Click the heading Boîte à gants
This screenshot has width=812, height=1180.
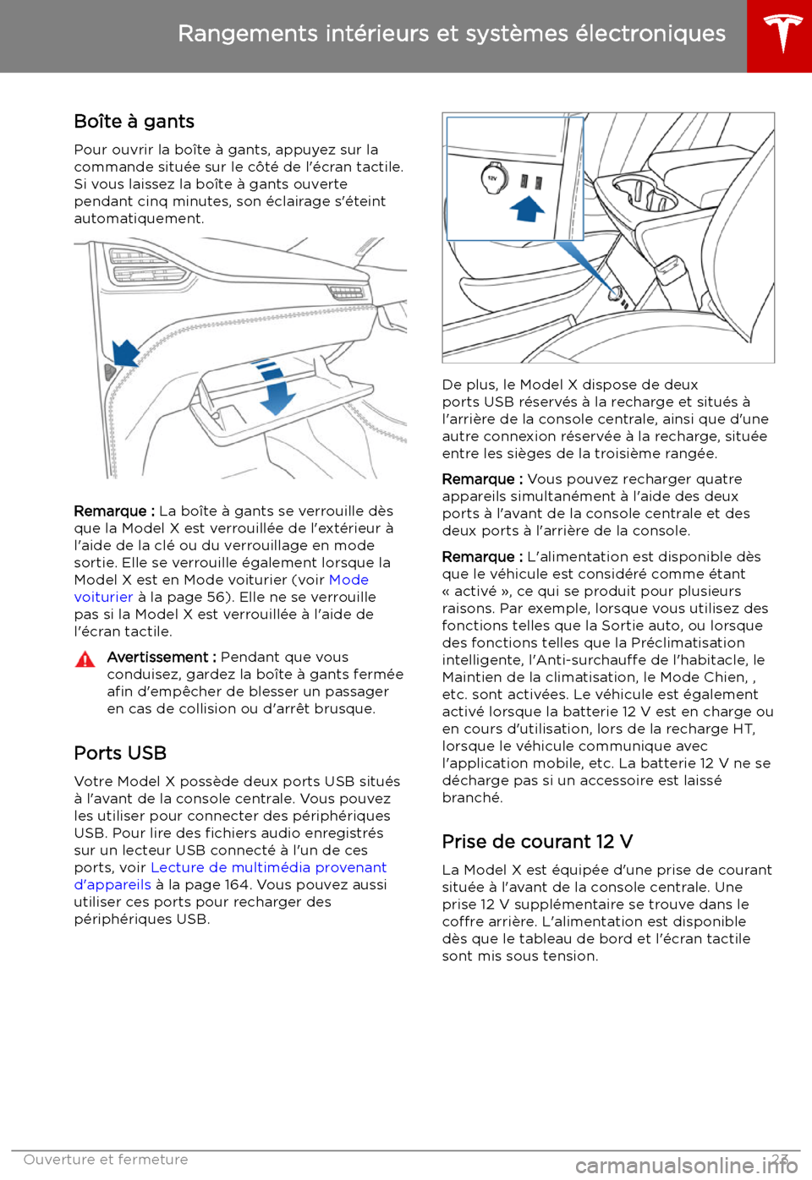(x=134, y=122)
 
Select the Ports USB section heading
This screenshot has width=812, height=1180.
(x=120, y=753)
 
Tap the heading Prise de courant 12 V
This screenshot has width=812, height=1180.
(x=537, y=842)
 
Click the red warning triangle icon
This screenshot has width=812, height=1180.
(x=85, y=659)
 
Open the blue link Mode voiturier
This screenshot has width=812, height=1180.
(x=348, y=580)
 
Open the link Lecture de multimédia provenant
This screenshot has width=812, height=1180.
(x=268, y=867)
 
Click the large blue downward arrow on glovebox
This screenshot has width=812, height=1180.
(x=276, y=389)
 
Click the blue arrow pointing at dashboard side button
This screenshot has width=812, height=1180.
(x=125, y=352)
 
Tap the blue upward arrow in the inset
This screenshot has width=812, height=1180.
(x=528, y=206)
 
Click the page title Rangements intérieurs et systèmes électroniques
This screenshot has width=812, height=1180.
(x=452, y=34)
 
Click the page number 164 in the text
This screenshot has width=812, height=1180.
(x=237, y=885)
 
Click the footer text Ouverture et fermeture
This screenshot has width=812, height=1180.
(x=106, y=1160)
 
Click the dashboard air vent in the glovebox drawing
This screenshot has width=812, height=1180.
(x=149, y=265)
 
